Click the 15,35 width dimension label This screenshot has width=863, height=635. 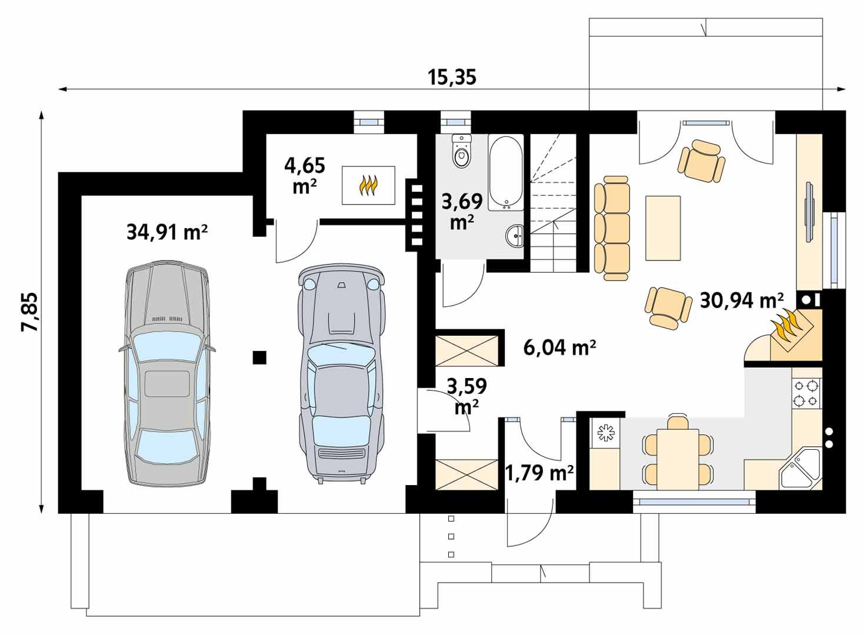tap(452, 78)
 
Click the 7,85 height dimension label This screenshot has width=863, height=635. tap(30, 312)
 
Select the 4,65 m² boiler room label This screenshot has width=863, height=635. tap(304, 175)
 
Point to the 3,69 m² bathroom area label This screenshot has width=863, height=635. tap(462, 211)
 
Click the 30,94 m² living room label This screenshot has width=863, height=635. tap(741, 300)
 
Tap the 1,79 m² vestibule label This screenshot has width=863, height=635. tap(539, 472)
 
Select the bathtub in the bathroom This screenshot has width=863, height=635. tap(506, 173)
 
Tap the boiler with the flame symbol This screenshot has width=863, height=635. tap(369, 185)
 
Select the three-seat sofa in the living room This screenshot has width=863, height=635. tap(612, 228)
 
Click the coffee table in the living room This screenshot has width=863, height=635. tap(663, 228)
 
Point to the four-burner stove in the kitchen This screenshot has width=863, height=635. tap(807, 393)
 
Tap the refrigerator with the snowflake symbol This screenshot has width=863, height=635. tap(605, 433)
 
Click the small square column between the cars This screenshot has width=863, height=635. tap(259, 357)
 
